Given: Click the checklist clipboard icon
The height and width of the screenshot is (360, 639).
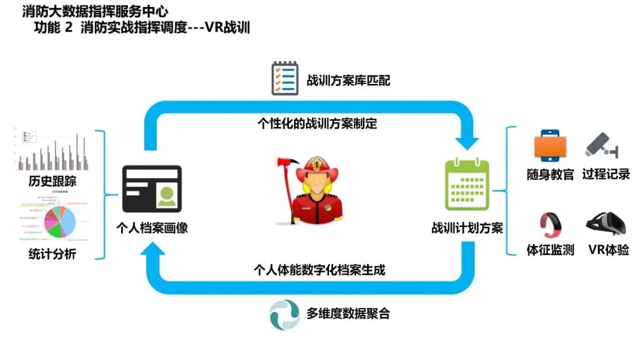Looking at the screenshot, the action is [284, 78].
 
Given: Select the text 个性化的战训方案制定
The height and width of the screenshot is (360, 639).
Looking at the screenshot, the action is [318, 124].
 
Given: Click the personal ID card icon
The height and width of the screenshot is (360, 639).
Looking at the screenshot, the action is [151, 189].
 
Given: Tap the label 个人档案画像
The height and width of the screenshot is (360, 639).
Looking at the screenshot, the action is [151, 227].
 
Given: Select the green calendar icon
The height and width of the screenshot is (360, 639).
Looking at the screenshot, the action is [467, 185].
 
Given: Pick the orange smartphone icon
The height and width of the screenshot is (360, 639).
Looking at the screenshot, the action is [550, 146].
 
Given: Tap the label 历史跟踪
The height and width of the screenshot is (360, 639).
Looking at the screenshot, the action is [52, 181].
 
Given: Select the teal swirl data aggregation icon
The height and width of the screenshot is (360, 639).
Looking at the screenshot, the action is [284, 314].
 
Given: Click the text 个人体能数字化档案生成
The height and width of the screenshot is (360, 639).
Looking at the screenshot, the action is [319, 270].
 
